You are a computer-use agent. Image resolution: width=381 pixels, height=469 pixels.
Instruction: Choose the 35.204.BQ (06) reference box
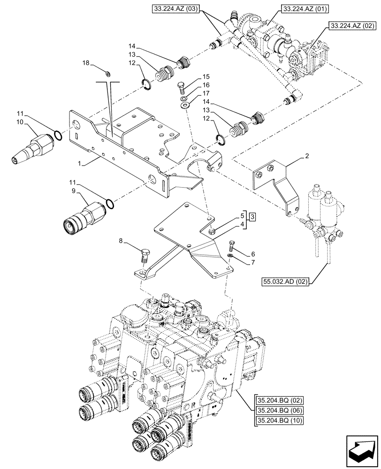280,410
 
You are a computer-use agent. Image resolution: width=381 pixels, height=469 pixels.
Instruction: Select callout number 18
85,63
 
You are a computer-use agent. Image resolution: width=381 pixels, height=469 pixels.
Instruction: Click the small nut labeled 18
107,73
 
